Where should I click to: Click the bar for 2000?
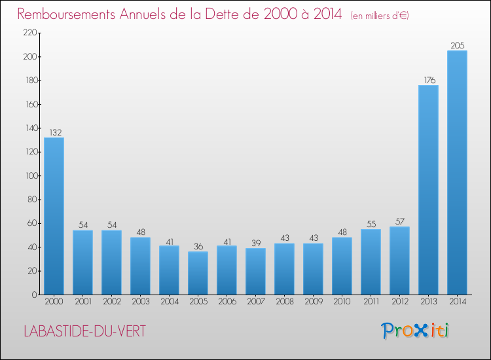click(x=54, y=216)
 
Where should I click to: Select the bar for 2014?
click(x=457, y=173)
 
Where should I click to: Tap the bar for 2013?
click(x=428, y=190)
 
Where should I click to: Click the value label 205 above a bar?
click(x=457, y=45)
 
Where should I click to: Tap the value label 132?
click(x=54, y=132)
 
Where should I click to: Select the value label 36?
click(x=198, y=247)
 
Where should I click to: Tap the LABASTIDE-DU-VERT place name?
click(x=84, y=331)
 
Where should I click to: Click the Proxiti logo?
click(x=415, y=331)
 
